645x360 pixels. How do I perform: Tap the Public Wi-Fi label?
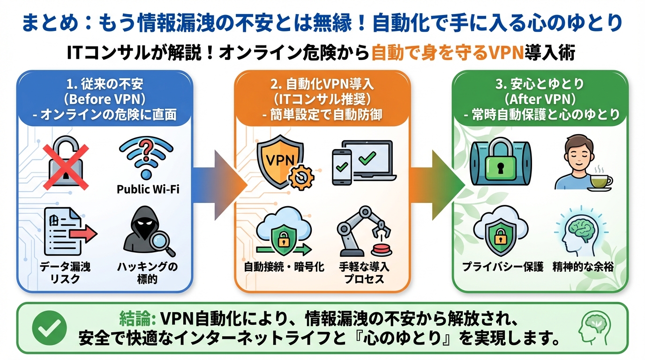coord(148,190)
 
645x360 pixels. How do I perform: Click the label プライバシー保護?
coord(502,267)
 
